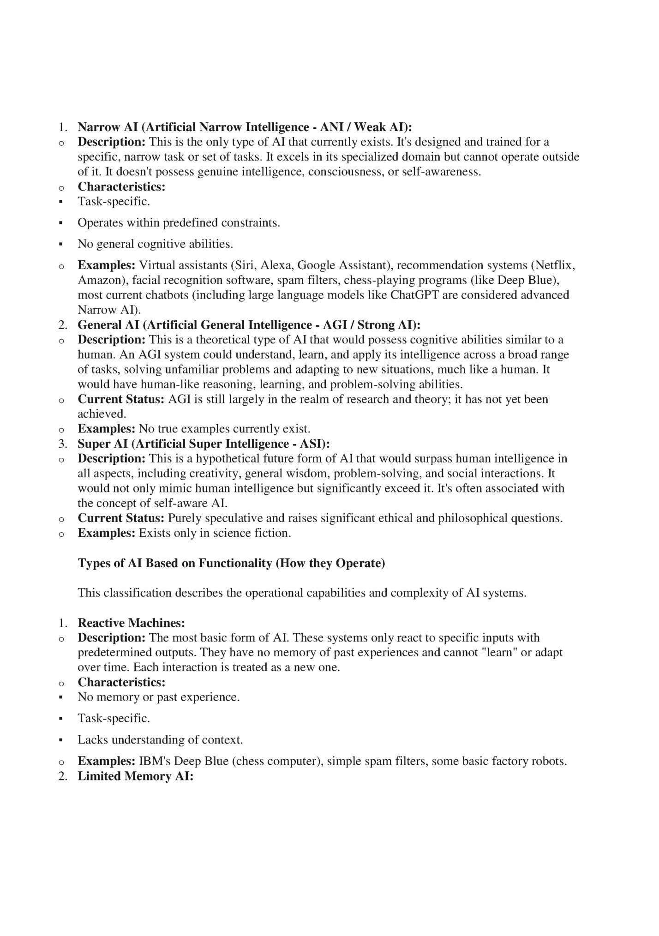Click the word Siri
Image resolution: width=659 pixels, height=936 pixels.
(x=245, y=265)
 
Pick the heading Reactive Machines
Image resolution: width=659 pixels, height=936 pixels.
(x=131, y=623)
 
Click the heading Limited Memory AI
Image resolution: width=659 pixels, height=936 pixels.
(x=135, y=776)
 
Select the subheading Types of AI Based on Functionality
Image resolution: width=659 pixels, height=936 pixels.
(x=231, y=564)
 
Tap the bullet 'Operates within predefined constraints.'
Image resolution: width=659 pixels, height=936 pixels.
(x=179, y=223)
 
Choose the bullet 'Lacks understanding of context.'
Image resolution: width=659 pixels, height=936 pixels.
(x=160, y=740)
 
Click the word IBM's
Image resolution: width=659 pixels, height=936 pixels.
(x=155, y=761)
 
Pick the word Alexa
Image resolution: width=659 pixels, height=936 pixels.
(x=277, y=265)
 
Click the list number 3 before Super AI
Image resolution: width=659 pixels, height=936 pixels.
(x=63, y=444)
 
